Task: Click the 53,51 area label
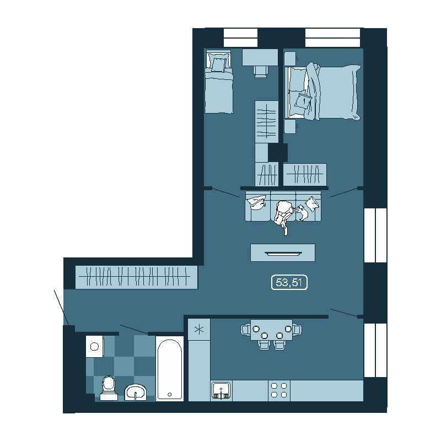coord(289,282)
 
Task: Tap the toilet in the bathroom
coord(109,388)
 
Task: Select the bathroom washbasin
coord(136,392)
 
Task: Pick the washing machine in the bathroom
coord(95,346)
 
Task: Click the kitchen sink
coord(222,391)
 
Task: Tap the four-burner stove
coord(279,390)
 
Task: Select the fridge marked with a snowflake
coord(199,329)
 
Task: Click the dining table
coord(271,330)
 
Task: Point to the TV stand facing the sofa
coord(283,253)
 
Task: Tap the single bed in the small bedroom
coord(219,82)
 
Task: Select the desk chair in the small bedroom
coord(260,72)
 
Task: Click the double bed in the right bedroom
coord(322,92)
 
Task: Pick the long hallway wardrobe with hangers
coord(136,277)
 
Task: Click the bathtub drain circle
coord(170,395)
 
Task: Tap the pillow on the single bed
coord(218,64)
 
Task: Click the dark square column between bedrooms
coord(278,153)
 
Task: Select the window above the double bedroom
coord(333,37)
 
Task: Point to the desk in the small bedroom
coord(260,58)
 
